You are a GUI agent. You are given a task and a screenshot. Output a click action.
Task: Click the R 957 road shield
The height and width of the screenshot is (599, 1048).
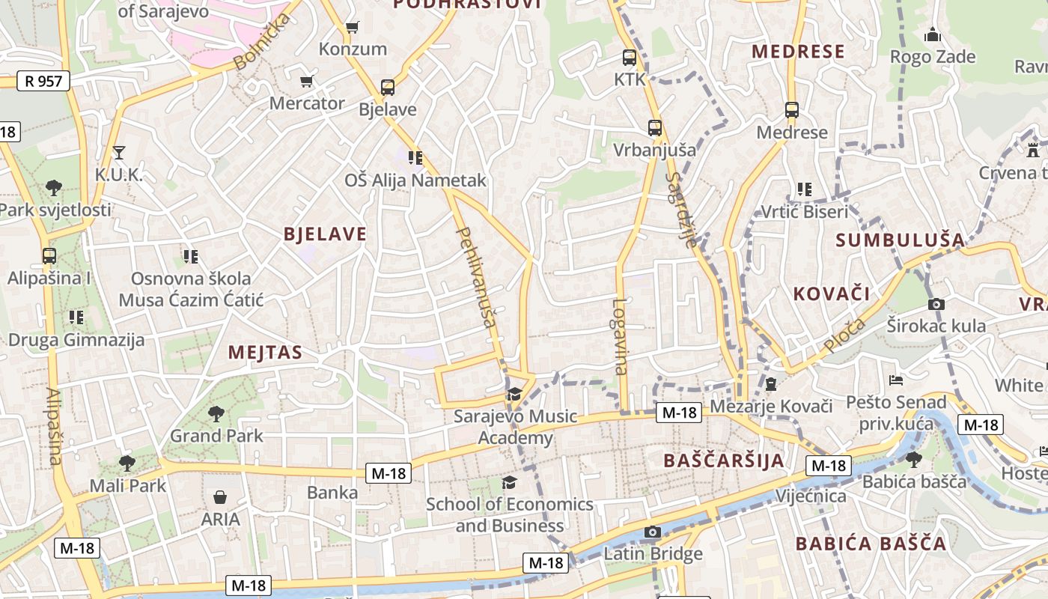[43, 81]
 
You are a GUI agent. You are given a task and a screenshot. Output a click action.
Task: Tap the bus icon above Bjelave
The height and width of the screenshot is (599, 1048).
[387, 88]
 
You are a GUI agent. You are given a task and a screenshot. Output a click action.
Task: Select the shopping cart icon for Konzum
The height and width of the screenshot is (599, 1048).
[352, 28]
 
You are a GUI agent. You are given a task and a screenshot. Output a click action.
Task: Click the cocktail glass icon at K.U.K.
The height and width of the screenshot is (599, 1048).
[118, 153]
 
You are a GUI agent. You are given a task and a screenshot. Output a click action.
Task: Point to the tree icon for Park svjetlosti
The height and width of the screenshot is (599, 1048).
[53, 187]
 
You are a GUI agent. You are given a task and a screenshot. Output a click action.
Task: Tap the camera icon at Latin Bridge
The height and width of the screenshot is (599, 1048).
[653, 532]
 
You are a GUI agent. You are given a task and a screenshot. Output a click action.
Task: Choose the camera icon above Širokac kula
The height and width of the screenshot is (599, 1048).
[936, 304]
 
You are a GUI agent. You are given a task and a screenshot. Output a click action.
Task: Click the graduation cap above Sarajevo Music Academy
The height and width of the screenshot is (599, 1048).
[514, 394]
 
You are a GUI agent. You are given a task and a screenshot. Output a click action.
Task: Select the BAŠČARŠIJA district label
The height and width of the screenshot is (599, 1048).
[724, 460]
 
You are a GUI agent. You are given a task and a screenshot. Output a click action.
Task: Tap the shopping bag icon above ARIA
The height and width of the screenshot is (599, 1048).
[220, 497]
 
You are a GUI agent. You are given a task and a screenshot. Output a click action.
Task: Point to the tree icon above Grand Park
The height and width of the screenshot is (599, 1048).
[216, 413]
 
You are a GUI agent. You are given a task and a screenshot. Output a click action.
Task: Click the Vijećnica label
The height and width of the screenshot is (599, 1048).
[811, 496]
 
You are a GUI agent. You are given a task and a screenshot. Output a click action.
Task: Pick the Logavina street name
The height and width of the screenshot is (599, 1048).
[620, 337]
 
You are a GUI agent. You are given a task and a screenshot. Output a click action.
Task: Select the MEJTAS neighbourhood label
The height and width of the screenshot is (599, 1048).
[265, 353]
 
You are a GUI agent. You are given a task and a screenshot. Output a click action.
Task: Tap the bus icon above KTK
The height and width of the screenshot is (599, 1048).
[630, 57]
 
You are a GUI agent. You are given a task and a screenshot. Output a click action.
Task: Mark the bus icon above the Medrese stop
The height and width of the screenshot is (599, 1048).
[792, 110]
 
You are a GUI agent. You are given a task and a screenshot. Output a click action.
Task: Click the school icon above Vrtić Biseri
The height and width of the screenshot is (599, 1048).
[805, 189]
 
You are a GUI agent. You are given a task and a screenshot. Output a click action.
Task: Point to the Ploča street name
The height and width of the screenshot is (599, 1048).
[845, 335]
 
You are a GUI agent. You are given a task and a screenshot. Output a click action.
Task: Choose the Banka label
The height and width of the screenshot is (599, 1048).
[332, 493]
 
